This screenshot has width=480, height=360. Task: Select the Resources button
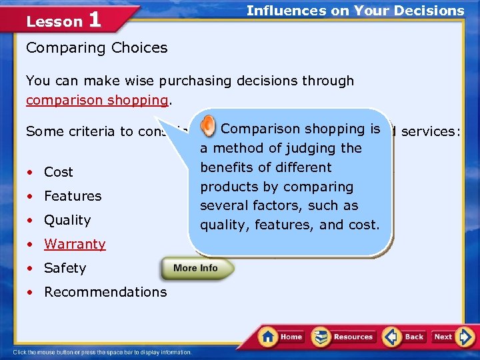pos(344,337)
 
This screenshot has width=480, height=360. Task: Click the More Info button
pos(197,268)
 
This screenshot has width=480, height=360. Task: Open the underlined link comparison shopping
pos(97,100)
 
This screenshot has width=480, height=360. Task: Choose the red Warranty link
pos(75,244)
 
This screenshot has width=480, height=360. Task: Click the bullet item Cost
pos(59,172)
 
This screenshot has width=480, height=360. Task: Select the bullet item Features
pos(73,196)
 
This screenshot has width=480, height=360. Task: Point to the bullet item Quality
pos(67,220)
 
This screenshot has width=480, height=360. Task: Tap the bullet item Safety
pos(65,268)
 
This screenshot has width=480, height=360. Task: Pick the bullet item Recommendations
pos(105,292)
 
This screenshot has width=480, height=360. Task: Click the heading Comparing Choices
pos(97,48)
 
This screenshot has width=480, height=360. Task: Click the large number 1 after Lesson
pos(95,20)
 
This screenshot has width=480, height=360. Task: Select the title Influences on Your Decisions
pos(355,11)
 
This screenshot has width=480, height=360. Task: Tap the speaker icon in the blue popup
pos(209,127)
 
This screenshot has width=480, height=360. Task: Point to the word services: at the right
pos(430,132)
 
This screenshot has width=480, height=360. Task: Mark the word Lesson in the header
pos(54,21)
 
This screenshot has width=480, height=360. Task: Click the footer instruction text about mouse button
pos(102,352)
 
